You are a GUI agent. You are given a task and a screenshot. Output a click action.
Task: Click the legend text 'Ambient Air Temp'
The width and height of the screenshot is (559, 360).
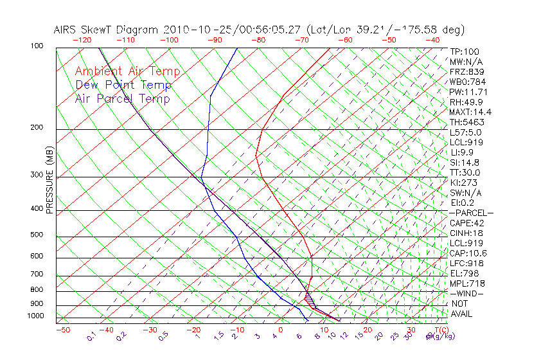(127, 71)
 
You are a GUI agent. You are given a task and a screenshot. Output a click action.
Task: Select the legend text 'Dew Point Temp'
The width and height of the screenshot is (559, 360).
(123, 85)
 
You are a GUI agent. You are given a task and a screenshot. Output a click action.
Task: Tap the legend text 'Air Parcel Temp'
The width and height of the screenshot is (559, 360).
(122, 98)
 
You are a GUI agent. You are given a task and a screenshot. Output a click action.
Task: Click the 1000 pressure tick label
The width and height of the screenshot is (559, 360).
(37, 316)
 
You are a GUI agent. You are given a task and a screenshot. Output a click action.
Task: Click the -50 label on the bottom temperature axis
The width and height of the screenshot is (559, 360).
(62, 330)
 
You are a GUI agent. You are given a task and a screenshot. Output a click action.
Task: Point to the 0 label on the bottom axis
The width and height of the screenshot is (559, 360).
(281, 330)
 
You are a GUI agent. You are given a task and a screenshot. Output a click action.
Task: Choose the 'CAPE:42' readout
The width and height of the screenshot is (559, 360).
(467, 223)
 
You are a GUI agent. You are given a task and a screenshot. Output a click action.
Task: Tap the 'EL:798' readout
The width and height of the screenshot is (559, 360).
(464, 273)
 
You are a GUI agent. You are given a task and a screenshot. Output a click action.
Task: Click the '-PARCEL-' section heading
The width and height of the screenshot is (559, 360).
(471, 213)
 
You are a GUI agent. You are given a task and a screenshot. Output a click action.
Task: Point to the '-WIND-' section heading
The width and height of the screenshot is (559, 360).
(467, 293)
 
